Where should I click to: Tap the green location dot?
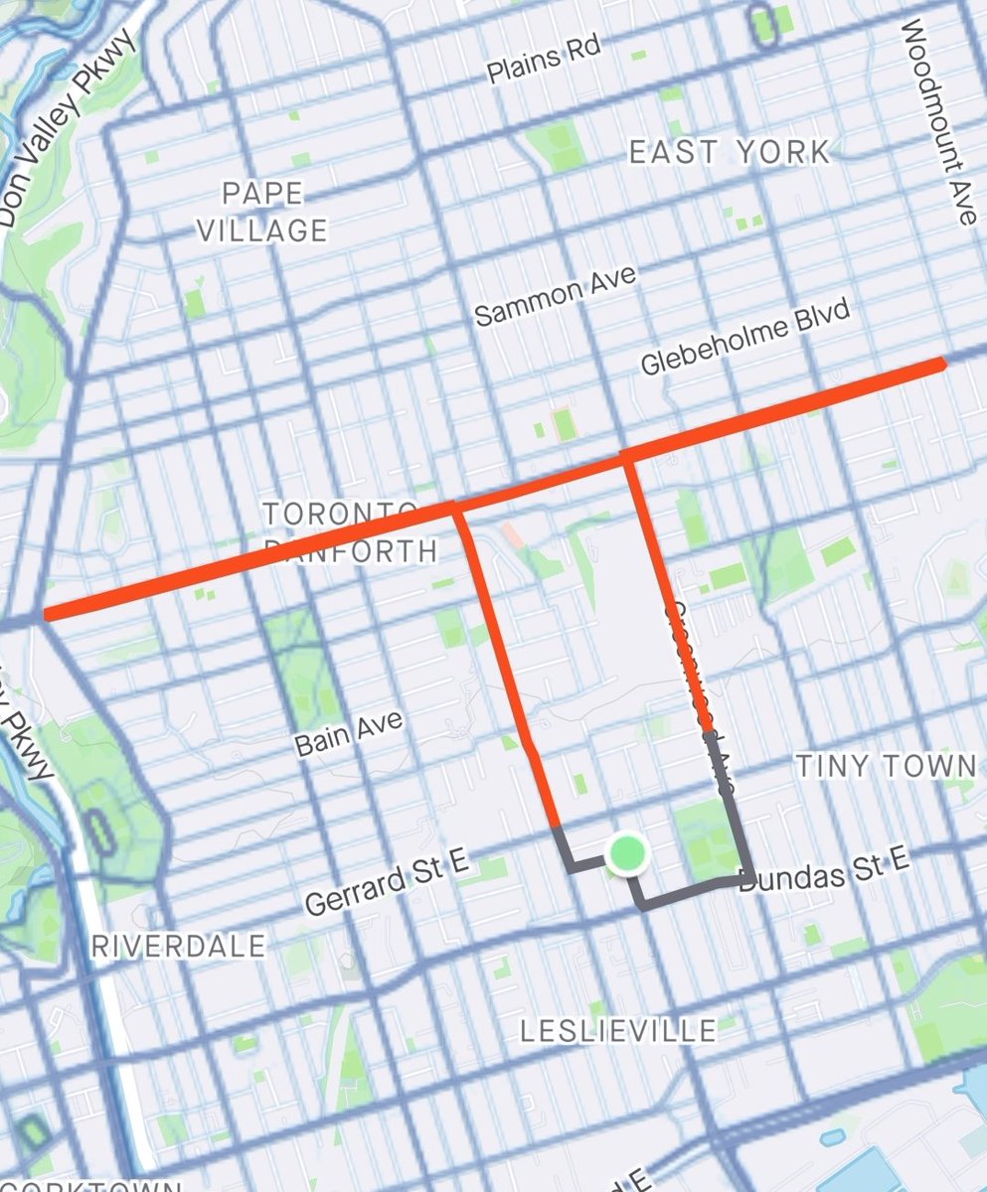(627, 853)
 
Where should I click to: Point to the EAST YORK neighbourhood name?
(730, 152)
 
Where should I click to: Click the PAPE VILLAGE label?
(262, 212)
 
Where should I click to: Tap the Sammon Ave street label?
(554, 296)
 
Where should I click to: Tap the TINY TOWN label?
(887, 766)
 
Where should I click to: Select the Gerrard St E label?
(387, 884)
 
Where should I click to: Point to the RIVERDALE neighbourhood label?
(179, 946)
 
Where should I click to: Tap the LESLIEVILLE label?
(618, 1031)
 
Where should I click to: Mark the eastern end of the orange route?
(938, 366)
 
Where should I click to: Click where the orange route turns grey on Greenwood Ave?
(708, 733)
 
